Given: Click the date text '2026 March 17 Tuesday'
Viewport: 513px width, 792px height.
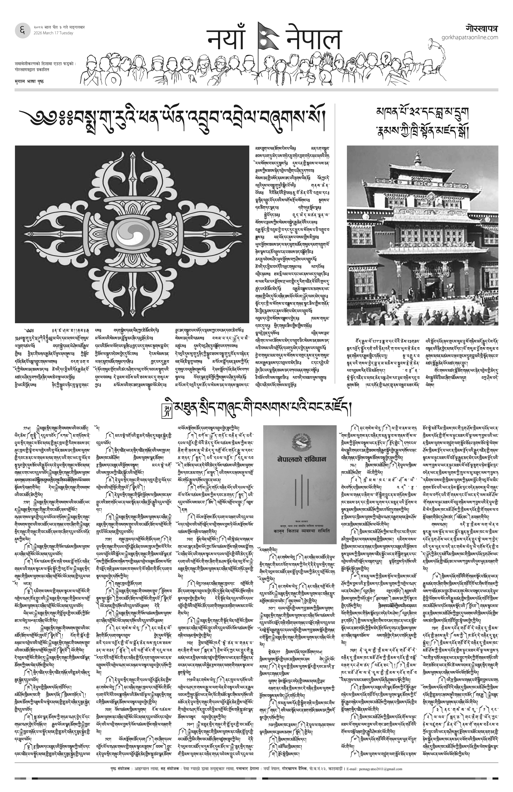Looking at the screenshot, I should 53,33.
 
